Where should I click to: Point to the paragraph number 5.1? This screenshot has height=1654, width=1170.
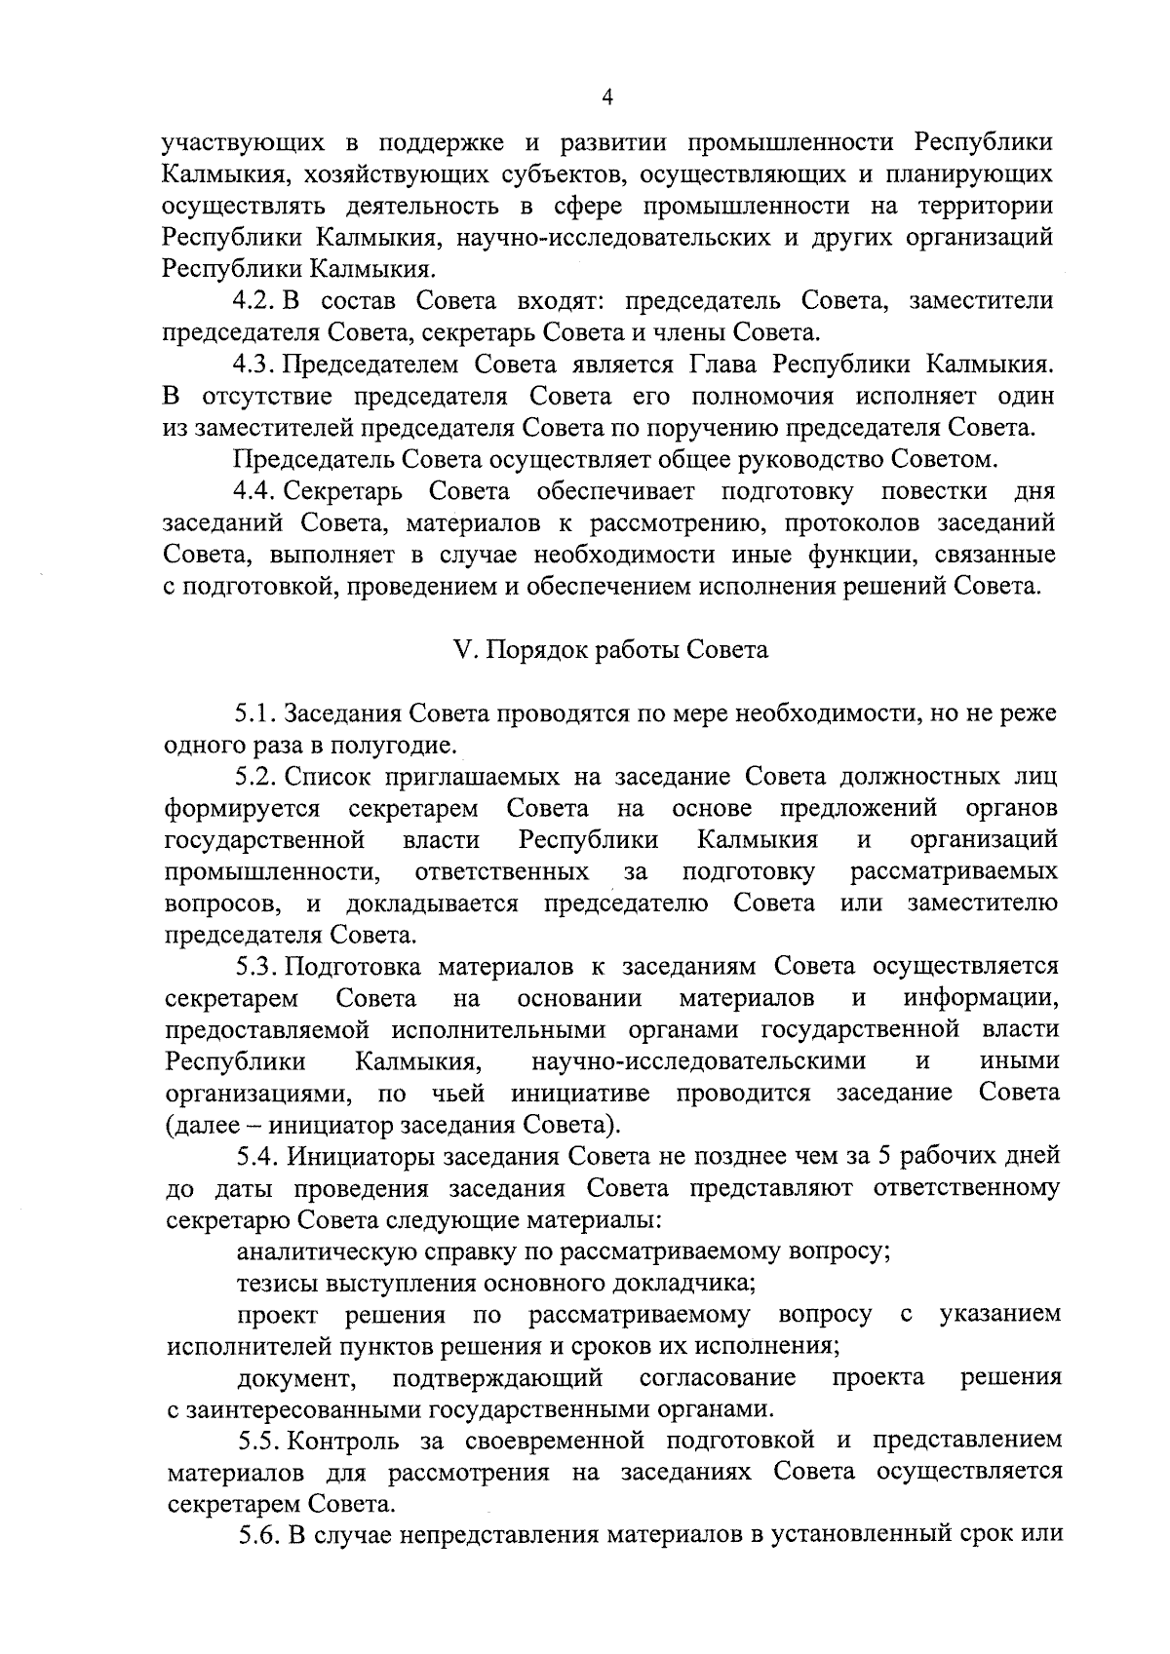click(x=256, y=713)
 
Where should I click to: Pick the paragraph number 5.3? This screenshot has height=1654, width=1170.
click(x=256, y=966)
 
